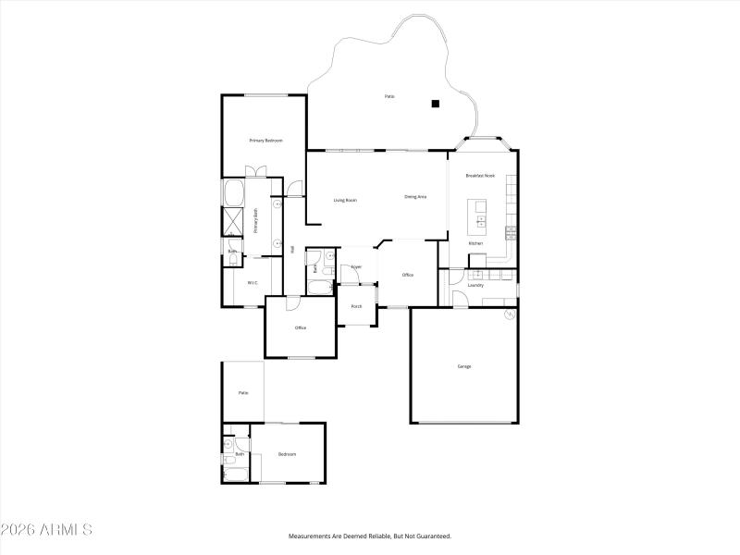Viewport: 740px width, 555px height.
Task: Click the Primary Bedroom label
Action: pyautogui.click(x=265, y=141)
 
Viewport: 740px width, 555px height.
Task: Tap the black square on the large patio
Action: pyautogui.click(x=435, y=104)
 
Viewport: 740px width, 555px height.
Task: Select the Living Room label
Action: pyautogui.click(x=345, y=200)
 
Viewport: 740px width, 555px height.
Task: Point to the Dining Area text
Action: pyautogui.click(x=415, y=197)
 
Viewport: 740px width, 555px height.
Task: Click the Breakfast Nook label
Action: pyautogui.click(x=480, y=176)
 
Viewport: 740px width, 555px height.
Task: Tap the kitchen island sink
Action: pyautogui.click(x=481, y=221)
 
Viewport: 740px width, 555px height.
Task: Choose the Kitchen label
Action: pyautogui.click(x=475, y=243)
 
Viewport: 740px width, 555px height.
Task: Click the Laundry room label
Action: pyautogui.click(x=475, y=285)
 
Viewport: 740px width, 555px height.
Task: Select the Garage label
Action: pyautogui.click(x=464, y=366)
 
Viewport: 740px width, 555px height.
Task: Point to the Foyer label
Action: pyautogui.click(x=355, y=266)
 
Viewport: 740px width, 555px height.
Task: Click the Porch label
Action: pyautogui.click(x=355, y=306)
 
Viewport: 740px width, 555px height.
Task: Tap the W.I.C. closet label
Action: pyautogui.click(x=252, y=282)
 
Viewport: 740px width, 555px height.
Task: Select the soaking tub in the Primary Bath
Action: pyautogui.click(x=232, y=192)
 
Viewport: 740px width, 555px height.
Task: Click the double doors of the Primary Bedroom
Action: pyautogui.click(x=254, y=171)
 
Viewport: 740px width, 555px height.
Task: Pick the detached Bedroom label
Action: pyautogui.click(x=288, y=454)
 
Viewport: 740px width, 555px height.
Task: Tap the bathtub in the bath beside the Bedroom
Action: pyautogui.click(x=235, y=475)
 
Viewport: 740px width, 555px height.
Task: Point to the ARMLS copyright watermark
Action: pyautogui.click(x=46, y=530)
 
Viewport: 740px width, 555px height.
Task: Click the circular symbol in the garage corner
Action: pyautogui.click(x=509, y=315)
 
